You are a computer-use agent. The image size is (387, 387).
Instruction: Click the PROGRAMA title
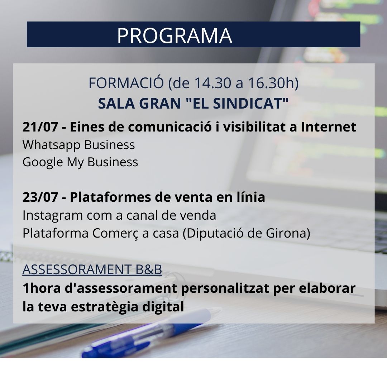click(x=175, y=35)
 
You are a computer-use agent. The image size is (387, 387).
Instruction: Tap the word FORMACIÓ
click(x=126, y=83)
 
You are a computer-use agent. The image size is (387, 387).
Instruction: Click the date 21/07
click(x=40, y=127)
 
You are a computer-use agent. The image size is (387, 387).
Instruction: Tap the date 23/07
click(x=40, y=197)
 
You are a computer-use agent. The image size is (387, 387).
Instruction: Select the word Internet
click(x=329, y=127)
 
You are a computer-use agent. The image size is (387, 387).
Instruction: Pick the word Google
click(x=43, y=163)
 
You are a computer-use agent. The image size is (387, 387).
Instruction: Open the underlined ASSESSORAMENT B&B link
click(x=92, y=269)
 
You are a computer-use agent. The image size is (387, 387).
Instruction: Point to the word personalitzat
click(x=225, y=288)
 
